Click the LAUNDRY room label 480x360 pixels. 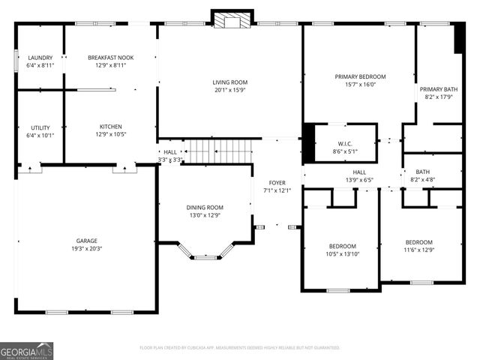pyautogui.click(x=40, y=58)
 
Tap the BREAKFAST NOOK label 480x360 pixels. pyautogui.click(x=110, y=58)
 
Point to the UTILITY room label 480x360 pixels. pyautogui.click(x=40, y=127)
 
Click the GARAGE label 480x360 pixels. pyautogui.click(x=86, y=241)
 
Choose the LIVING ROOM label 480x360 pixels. pyautogui.click(x=229, y=82)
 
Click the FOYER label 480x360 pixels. pyautogui.click(x=278, y=183)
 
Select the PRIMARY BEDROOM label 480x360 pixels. pyautogui.click(x=359, y=76)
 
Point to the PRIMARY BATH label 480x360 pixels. pyautogui.click(x=438, y=88)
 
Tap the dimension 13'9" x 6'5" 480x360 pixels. pyautogui.click(x=359, y=180)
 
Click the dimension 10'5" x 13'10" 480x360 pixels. pyautogui.click(x=342, y=255)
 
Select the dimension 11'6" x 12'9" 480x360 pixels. pyautogui.click(x=418, y=250)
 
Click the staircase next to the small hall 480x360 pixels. pyautogui.click(x=217, y=151)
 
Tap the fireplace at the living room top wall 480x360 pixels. pyautogui.click(x=230, y=20)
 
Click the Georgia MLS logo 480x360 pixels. pyautogui.click(x=26, y=349)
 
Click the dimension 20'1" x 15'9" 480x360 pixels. pyautogui.click(x=229, y=90)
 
